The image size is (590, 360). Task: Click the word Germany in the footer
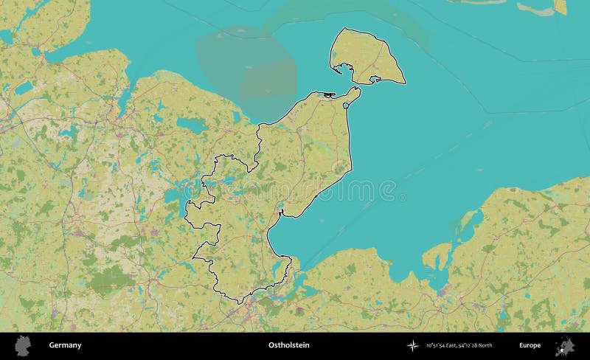tap(65, 345)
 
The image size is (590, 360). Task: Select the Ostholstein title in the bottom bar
tap(288, 345)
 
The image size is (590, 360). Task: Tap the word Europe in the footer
tap(530, 345)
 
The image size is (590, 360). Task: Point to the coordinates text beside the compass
tap(459, 345)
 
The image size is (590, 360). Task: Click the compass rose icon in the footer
tap(414, 345)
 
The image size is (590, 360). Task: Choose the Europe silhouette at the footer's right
tap(565, 345)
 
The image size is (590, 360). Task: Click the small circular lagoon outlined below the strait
tap(346, 106)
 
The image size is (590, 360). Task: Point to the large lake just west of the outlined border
tap(175, 198)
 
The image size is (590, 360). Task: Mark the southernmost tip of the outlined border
tap(238, 302)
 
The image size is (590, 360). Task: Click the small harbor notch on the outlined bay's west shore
tap(281, 215)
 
